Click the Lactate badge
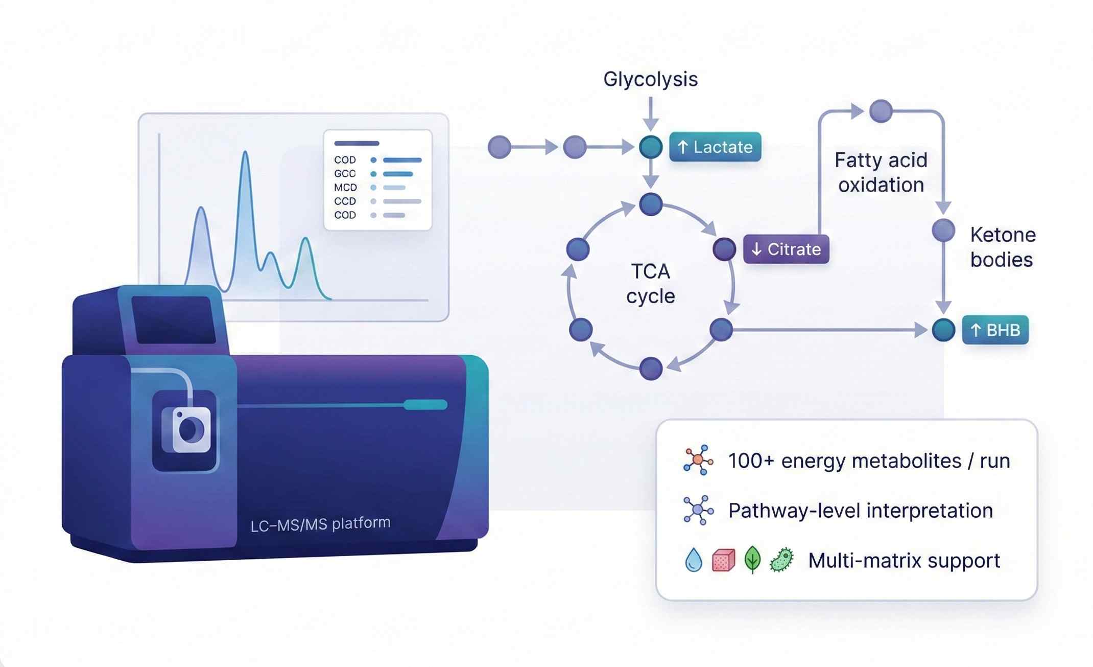point(715,147)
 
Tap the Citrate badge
point(786,249)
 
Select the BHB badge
point(995,330)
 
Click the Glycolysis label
point(650,79)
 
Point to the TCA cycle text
point(650,284)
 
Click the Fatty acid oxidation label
point(881,172)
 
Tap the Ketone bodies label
point(1003,247)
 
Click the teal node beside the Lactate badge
point(651,147)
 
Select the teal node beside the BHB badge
point(943,330)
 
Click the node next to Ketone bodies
point(943,231)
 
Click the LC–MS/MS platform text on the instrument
point(320,524)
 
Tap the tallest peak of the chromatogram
point(246,153)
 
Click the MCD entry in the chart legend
point(345,188)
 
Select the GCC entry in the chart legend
point(345,174)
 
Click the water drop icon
point(693,560)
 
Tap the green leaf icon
point(752,559)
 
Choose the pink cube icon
point(723,560)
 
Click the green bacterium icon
point(781,560)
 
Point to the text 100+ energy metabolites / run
point(869,461)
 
